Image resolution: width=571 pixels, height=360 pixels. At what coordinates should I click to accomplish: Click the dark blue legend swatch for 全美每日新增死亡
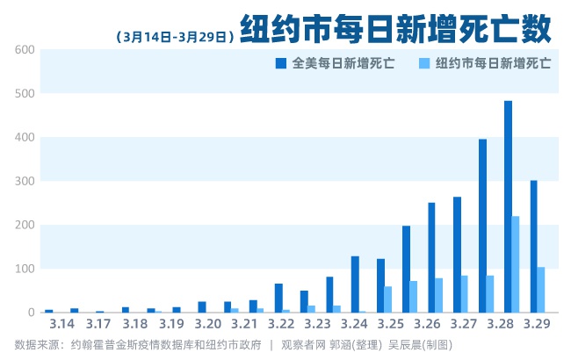point(280,63)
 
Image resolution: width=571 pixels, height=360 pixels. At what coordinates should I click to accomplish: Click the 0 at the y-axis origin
point(31,313)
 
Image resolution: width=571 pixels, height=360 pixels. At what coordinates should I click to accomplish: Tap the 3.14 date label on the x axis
point(61,325)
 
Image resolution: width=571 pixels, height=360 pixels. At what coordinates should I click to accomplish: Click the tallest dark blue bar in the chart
point(508,206)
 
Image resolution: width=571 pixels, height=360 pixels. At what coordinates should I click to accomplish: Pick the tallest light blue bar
point(516,263)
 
